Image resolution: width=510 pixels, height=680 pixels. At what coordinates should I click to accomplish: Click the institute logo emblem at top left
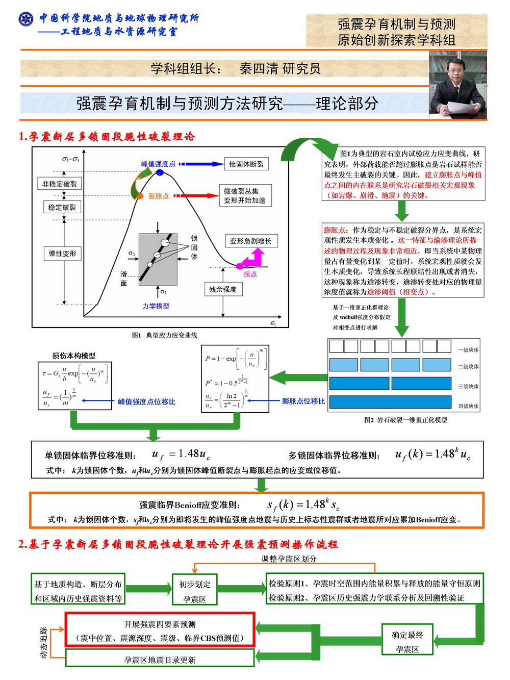click(x=25, y=19)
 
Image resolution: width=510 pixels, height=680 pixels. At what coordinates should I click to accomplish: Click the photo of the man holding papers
click(x=457, y=85)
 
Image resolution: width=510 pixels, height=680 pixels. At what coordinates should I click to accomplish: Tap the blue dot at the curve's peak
click(x=160, y=172)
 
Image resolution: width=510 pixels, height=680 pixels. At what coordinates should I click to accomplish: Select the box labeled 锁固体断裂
click(x=246, y=164)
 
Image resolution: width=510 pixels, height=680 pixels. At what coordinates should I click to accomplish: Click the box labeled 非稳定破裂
click(x=60, y=184)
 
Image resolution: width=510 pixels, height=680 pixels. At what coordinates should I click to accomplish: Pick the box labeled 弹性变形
click(x=62, y=254)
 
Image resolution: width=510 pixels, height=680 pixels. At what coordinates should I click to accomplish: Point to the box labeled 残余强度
click(x=223, y=289)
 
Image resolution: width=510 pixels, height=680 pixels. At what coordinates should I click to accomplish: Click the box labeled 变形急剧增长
click(x=250, y=241)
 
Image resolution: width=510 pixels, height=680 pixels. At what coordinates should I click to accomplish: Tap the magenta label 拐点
click(x=250, y=274)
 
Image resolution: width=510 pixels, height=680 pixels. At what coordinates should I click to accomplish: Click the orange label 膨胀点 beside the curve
click(x=158, y=196)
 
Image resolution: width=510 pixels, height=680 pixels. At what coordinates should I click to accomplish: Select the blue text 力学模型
click(x=156, y=306)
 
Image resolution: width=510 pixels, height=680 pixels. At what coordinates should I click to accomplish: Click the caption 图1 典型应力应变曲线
click(x=164, y=335)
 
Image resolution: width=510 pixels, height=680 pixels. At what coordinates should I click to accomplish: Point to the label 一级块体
click(x=468, y=350)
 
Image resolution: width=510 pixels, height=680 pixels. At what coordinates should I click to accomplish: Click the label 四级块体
click(x=468, y=406)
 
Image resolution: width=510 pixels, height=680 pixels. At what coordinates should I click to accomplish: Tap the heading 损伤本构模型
click(x=74, y=356)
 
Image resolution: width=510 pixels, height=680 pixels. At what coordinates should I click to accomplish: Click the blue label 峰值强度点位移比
click(x=146, y=402)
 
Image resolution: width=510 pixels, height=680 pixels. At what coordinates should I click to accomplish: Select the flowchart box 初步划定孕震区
click(x=194, y=591)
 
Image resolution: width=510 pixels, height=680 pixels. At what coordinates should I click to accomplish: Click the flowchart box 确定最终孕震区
click(x=407, y=642)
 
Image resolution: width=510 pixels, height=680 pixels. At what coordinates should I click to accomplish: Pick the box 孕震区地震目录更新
click(x=160, y=660)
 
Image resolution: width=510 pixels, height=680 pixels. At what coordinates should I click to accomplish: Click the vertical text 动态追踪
click(x=44, y=642)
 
